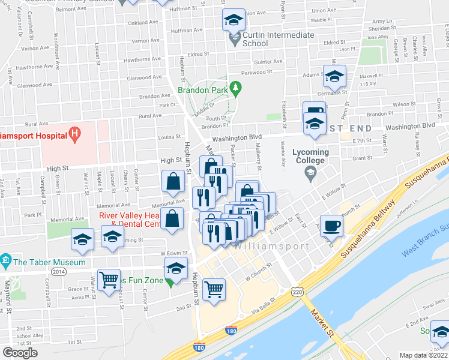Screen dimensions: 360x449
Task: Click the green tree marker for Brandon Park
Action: pos(236,89)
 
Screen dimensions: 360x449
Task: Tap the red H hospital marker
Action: pos(75,134)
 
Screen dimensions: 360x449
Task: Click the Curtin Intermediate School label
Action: pos(278,39)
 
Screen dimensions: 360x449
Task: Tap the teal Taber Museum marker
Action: pos(6,261)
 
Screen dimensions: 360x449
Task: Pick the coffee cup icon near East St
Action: pos(332,226)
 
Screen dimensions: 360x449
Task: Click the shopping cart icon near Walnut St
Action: pos(109,279)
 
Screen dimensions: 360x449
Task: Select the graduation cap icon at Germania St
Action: pos(335,76)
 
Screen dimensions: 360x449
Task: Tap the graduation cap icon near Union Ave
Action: pos(234,20)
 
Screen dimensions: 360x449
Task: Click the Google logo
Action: pos(20,353)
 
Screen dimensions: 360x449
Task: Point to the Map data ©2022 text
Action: pos(424,355)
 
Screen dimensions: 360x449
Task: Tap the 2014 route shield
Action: pos(59,272)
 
